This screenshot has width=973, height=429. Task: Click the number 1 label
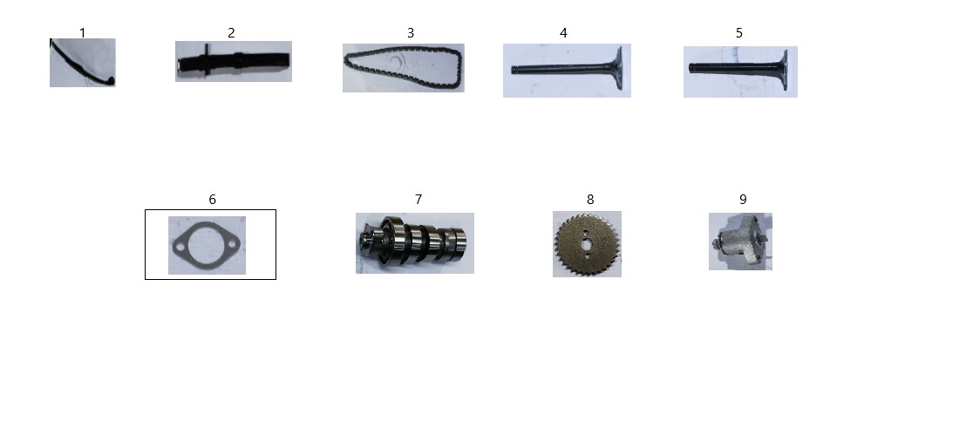coord(83,32)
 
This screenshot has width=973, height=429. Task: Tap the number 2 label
coord(231,33)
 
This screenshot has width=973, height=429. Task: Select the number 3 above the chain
coord(410,33)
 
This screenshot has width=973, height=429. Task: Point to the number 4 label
coord(563,33)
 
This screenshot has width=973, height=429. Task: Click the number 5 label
coord(739,33)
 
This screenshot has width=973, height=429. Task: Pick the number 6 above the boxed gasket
coord(212,200)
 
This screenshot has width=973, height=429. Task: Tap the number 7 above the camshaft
coord(418,200)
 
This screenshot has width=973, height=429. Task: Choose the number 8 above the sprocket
coord(590,200)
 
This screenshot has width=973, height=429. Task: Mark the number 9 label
coord(743,200)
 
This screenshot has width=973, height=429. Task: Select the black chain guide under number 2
coord(234,61)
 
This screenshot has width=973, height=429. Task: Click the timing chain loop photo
coord(404,68)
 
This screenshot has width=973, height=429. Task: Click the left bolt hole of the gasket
coord(180,248)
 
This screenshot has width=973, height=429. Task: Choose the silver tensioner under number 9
coord(740,242)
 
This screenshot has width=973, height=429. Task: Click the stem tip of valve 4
coord(514,70)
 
